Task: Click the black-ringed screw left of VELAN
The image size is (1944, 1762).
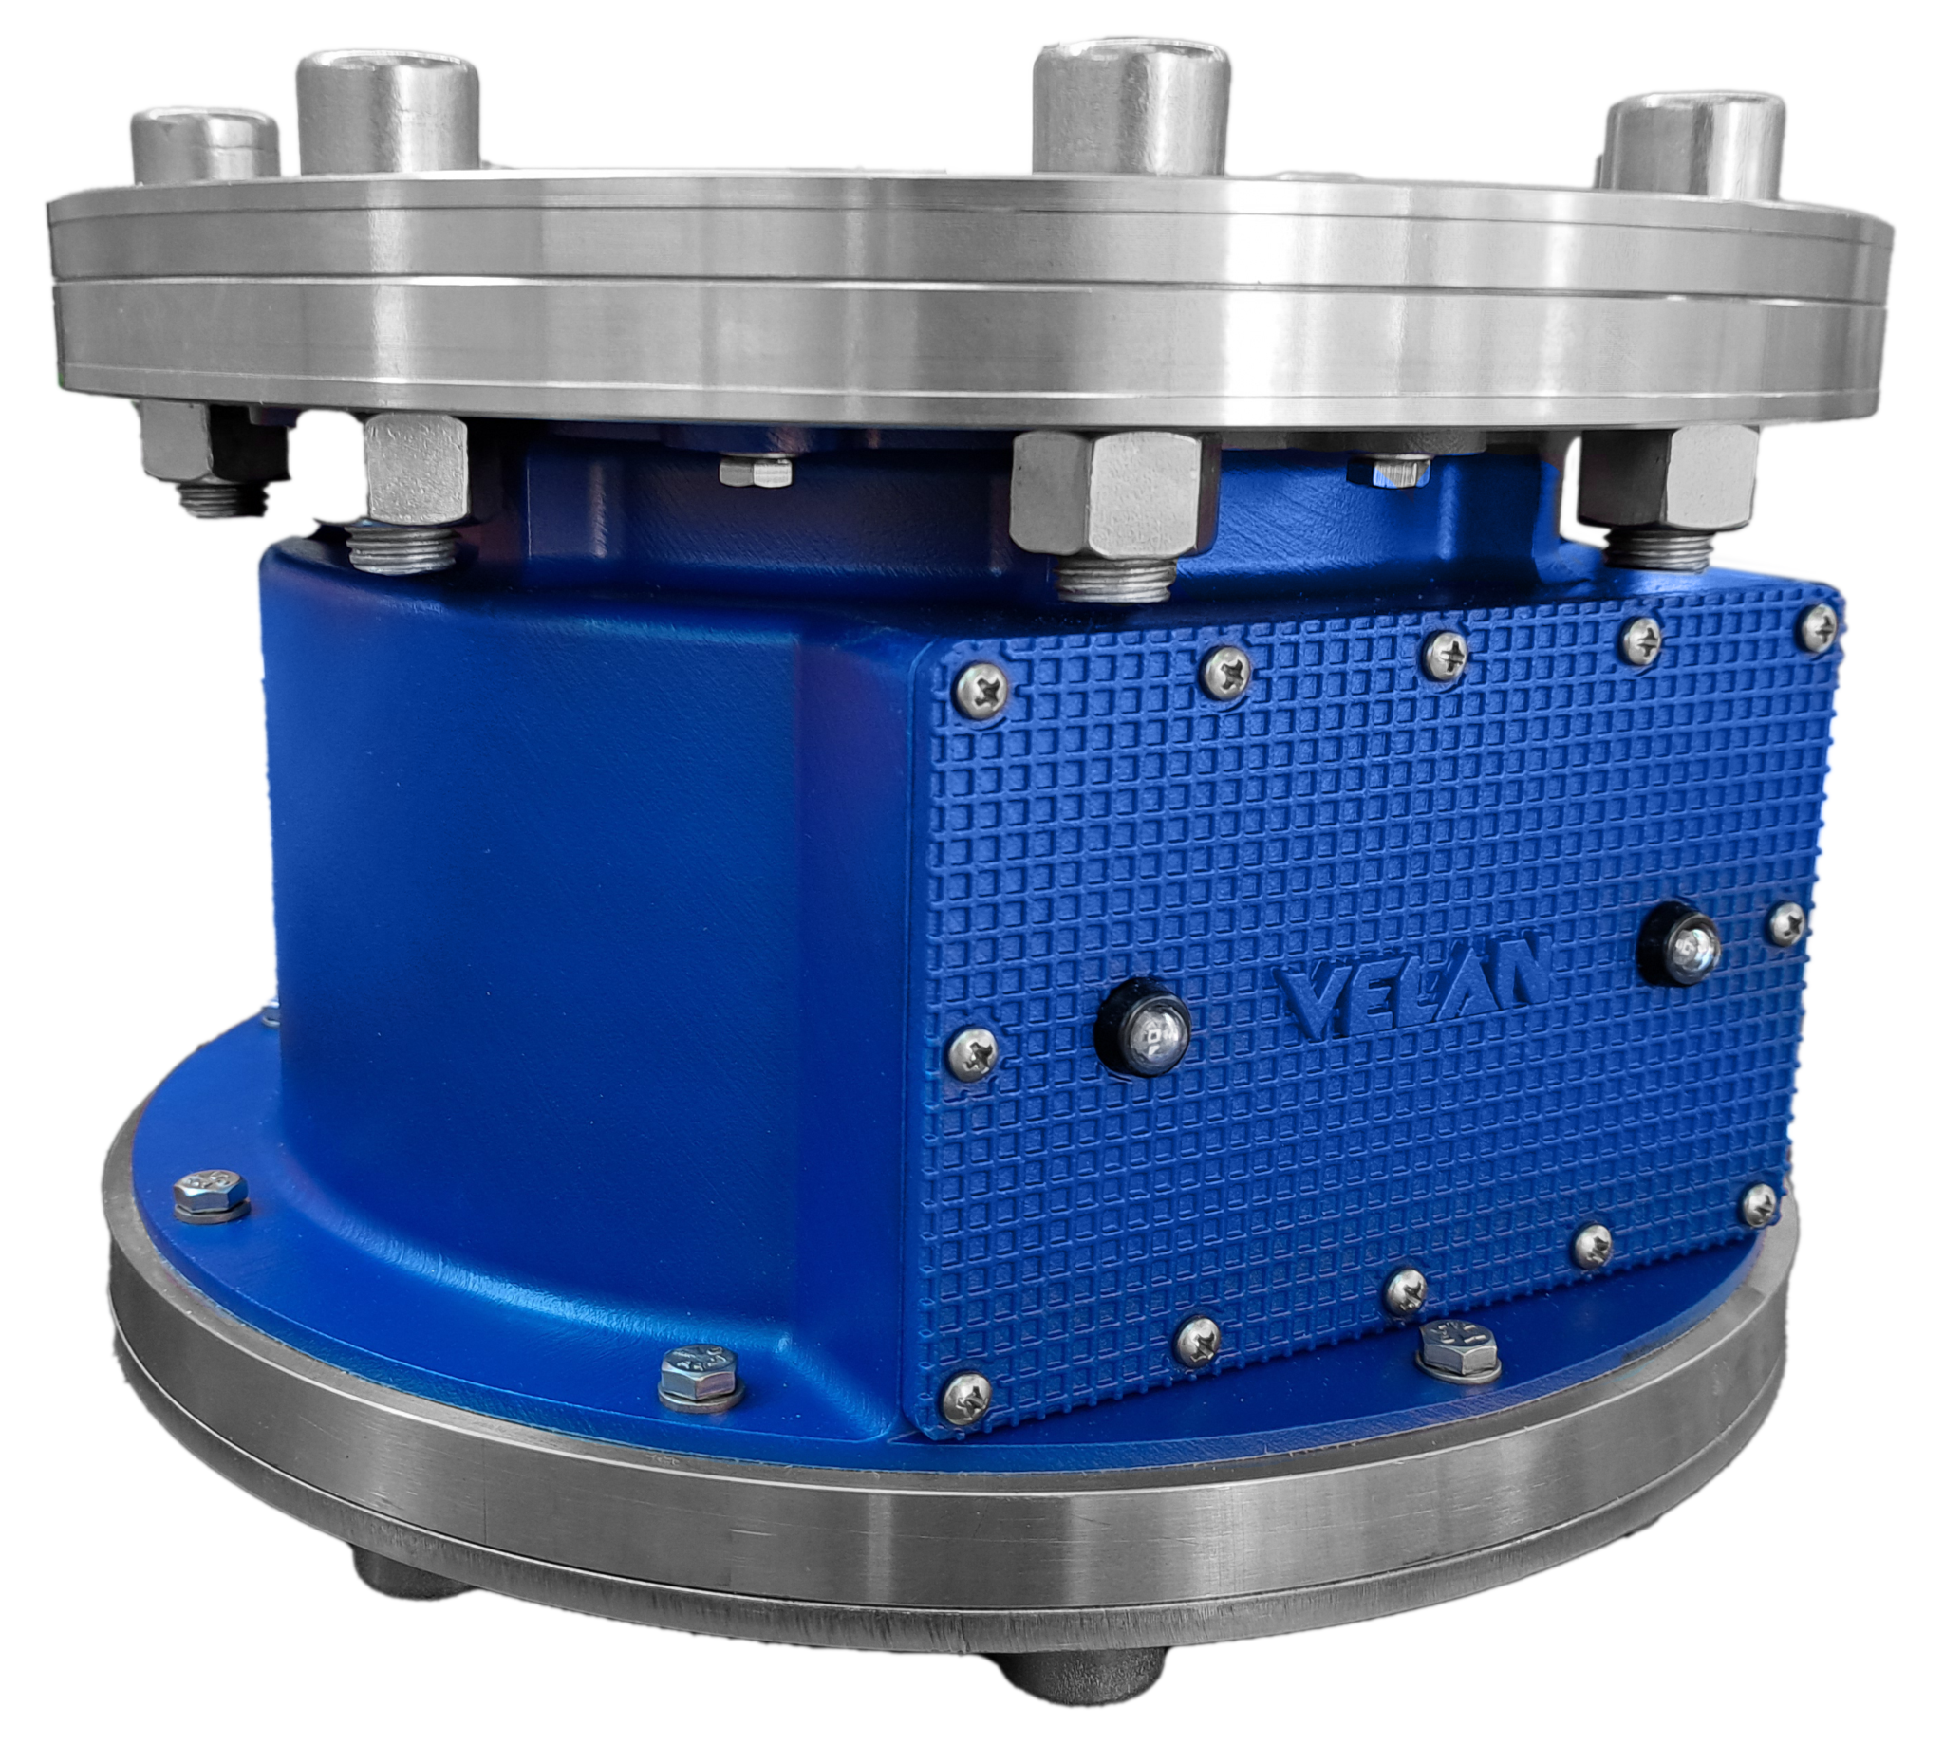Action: pyautogui.click(x=1144, y=1029)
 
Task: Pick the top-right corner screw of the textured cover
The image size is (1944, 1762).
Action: pyautogui.click(x=1818, y=625)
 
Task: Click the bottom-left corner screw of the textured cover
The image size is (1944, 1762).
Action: pyautogui.click(x=965, y=1396)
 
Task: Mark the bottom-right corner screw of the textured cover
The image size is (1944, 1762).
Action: pyautogui.click(x=1759, y=1205)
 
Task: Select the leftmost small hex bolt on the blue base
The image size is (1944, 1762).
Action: pyautogui.click(x=210, y=1196)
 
